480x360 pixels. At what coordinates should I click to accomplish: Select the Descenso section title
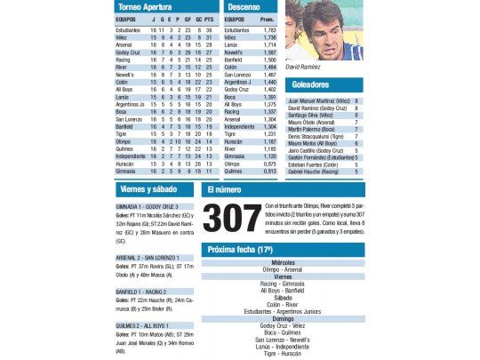pyautogui.click(x=244, y=7)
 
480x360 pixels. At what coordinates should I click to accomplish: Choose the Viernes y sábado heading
pyautogui.click(x=148, y=189)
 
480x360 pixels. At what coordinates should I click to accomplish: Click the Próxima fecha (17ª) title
pyautogui.click(x=240, y=251)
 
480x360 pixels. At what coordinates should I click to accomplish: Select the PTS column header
pyautogui.click(x=208, y=19)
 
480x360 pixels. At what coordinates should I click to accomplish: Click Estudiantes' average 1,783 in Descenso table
pyautogui.click(x=269, y=29)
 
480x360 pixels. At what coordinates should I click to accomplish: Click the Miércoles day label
pyautogui.click(x=283, y=263)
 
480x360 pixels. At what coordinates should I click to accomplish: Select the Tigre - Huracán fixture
pyautogui.click(x=283, y=353)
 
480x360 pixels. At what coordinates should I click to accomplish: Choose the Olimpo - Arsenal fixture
pyautogui.click(x=283, y=269)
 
